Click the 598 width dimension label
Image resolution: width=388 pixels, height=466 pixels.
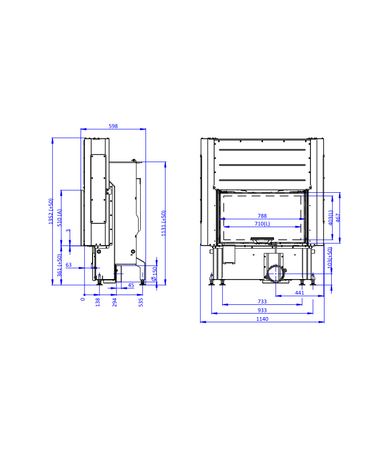(x=113, y=126)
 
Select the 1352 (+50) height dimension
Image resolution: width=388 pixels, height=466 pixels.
(x=51, y=211)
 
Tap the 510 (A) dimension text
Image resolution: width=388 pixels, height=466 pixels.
(x=60, y=218)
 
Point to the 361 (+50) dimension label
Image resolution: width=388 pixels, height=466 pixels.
(x=60, y=265)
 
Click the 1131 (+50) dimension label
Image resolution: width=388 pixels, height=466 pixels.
(x=163, y=223)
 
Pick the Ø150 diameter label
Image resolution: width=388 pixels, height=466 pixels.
(x=154, y=274)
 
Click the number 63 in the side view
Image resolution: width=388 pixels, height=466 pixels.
(x=68, y=265)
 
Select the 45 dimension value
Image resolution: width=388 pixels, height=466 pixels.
(x=131, y=285)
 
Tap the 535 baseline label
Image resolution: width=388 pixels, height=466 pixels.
(x=141, y=302)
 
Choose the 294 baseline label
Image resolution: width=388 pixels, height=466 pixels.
(x=114, y=302)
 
